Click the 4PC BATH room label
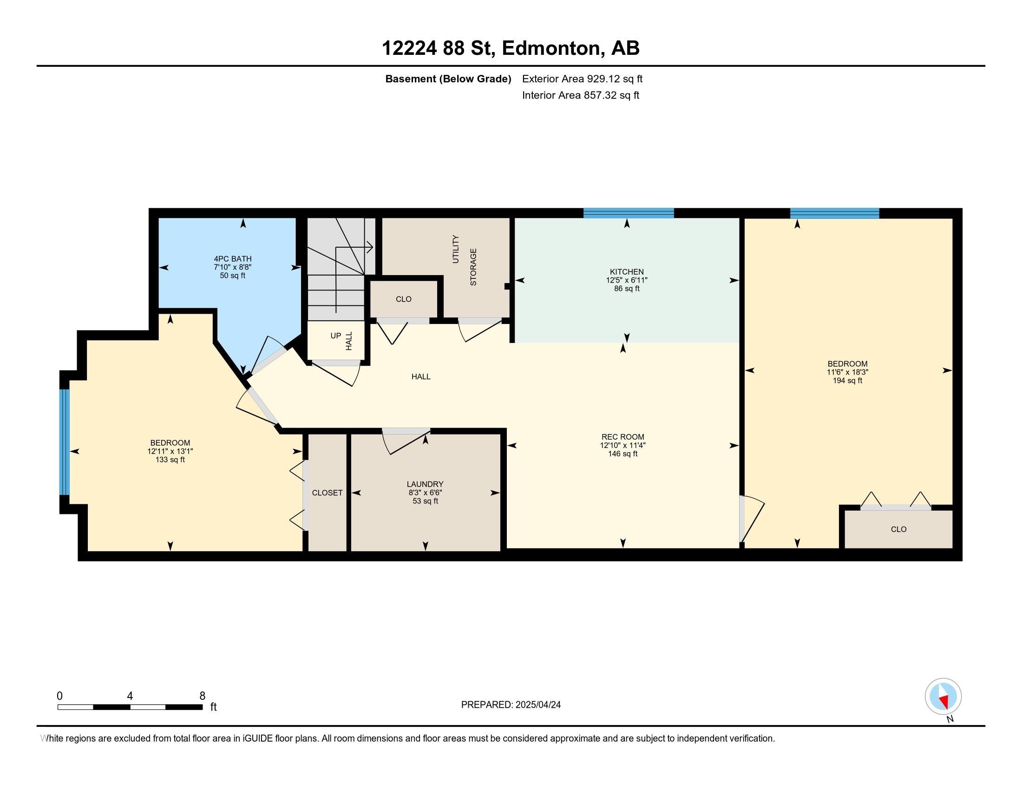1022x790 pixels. pos(233,259)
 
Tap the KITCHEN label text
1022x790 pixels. pos(627,272)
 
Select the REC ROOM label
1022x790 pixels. pos(623,437)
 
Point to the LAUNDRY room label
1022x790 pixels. pos(425,484)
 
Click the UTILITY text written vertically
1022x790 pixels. pos(456,249)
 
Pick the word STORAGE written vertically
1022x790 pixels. pos(473,267)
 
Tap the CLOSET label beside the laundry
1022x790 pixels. pos(327,493)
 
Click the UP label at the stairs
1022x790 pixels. pos(336,336)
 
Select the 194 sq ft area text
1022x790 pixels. pos(847,381)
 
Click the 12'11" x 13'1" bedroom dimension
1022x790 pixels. pos(170,452)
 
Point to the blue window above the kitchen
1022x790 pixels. pos(629,213)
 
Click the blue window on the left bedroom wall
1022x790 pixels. pos(64,442)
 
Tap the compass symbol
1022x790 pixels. pos(943,696)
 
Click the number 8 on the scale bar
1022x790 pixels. pos(203,696)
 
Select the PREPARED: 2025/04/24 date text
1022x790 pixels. pos(511,705)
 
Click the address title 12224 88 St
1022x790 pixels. pos(438,48)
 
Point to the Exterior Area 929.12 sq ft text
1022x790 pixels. pos(582,79)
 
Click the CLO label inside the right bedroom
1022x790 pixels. pos(898,529)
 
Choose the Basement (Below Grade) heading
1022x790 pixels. pos(448,79)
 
